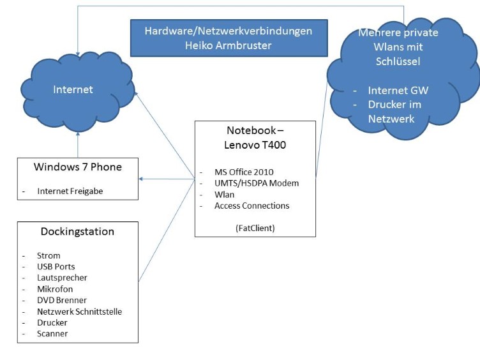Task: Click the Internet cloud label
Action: pyautogui.click(x=73, y=90)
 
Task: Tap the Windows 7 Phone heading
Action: pyautogui.click(x=77, y=167)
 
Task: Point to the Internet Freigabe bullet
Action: pyautogui.click(x=70, y=191)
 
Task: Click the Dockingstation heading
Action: pyautogui.click(x=77, y=231)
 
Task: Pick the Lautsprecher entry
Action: pyautogui.click(x=62, y=278)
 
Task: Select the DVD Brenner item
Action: pyautogui.click(x=61, y=300)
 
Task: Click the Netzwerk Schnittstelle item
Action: pyautogui.click(x=79, y=311)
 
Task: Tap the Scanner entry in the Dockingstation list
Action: pyautogui.click(x=52, y=333)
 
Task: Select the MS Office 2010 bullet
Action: pyautogui.click(x=244, y=172)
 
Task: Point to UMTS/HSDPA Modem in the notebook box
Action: pyautogui.click(x=257, y=183)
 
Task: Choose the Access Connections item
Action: pyautogui.click(x=251, y=206)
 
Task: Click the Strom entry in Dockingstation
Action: pyautogui.click(x=49, y=255)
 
